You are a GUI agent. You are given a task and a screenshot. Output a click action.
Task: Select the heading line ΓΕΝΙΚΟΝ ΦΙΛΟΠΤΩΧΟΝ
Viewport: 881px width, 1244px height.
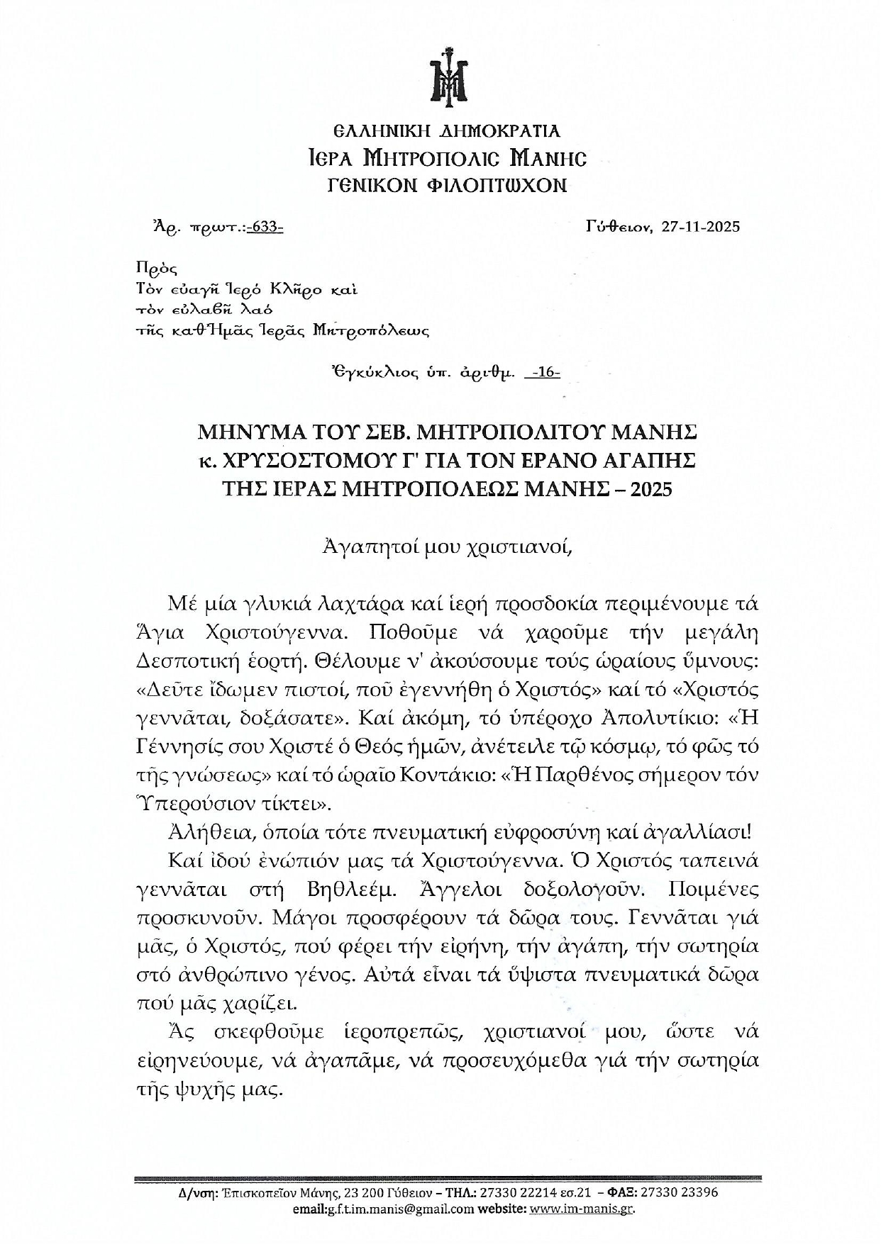coord(448,185)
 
